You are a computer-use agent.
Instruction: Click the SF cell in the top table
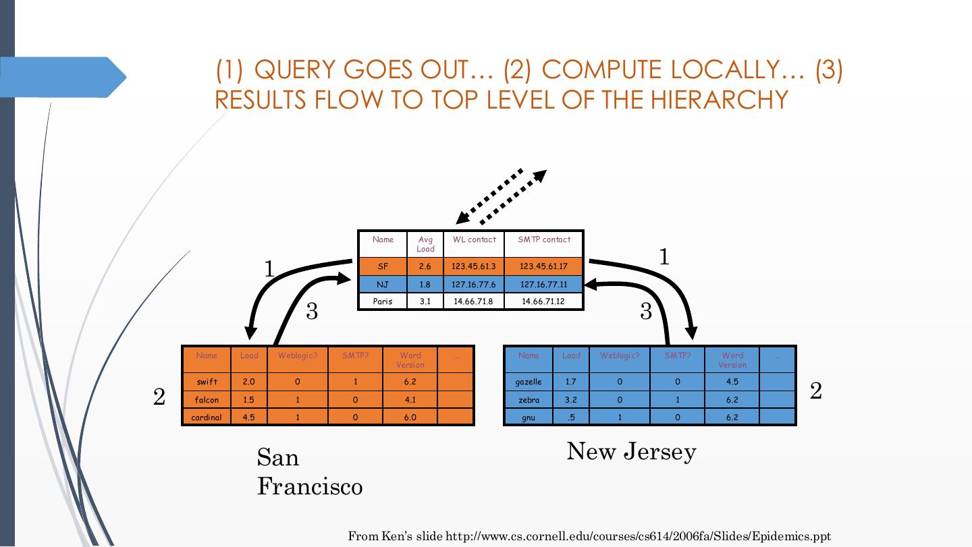click(383, 266)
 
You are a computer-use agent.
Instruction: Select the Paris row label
click(383, 301)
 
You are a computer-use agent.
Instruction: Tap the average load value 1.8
click(425, 285)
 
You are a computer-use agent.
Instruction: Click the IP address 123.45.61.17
click(543, 266)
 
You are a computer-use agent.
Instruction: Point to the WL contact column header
click(474, 239)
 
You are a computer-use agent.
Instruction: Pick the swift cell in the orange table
click(207, 382)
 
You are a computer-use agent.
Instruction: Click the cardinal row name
click(207, 418)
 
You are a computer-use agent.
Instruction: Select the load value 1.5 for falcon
click(248, 400)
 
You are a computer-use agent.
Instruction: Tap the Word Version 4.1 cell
click(410, 400)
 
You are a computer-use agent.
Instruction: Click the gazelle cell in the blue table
click(529, 382)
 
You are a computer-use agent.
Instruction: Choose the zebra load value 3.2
click(571, 400)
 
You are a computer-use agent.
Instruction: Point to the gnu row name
click(529, 418)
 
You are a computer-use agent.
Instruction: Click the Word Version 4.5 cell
click(732, 382)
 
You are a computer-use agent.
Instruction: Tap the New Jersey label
click(631, 451)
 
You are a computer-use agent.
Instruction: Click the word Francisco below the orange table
click(310, 486)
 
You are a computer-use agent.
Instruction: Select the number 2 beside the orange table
click(159, 397)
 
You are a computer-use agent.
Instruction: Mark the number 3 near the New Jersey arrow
click(646, 311)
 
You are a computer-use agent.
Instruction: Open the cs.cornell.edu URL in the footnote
click(638, 537)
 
